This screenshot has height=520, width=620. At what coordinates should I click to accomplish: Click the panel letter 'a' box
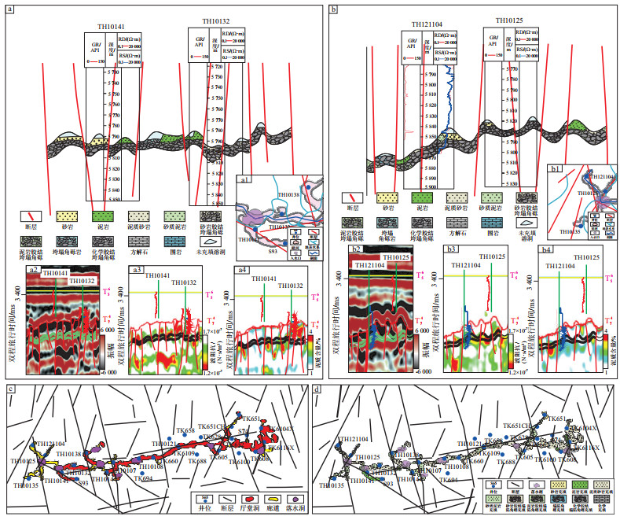8,7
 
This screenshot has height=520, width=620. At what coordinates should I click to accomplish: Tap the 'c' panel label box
8,388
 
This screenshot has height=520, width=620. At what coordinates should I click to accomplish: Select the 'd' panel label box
314,388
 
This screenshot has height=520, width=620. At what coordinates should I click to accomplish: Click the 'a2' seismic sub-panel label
34,271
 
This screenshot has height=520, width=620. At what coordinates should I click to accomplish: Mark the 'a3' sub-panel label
136,271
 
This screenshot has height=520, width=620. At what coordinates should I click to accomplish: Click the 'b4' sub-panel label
545,249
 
